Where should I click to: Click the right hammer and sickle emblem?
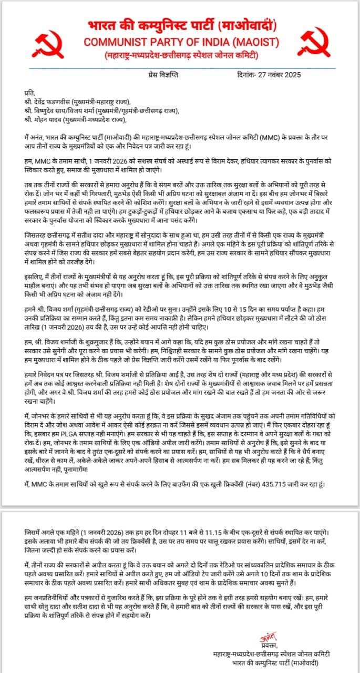pyautogui.click(x=315, y=43)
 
